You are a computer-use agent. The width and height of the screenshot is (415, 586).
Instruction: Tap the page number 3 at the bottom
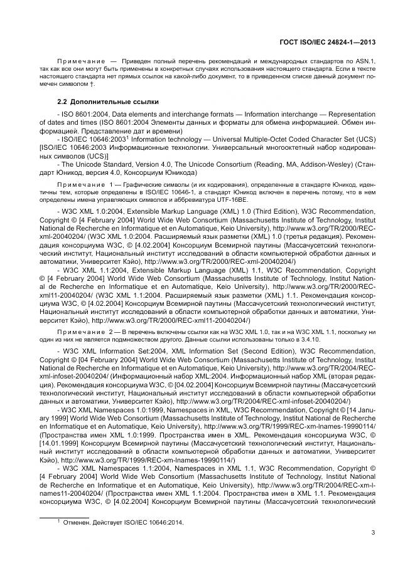click(x=373, y=533)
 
